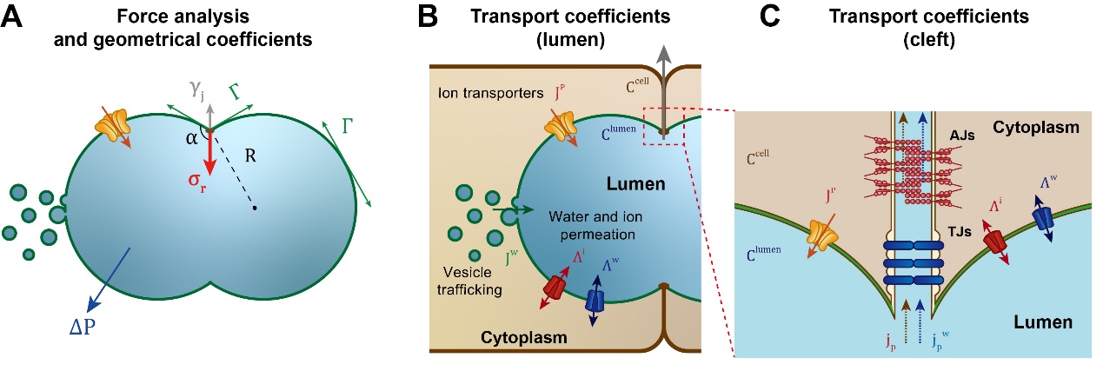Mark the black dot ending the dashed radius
(x=255, y=209)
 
